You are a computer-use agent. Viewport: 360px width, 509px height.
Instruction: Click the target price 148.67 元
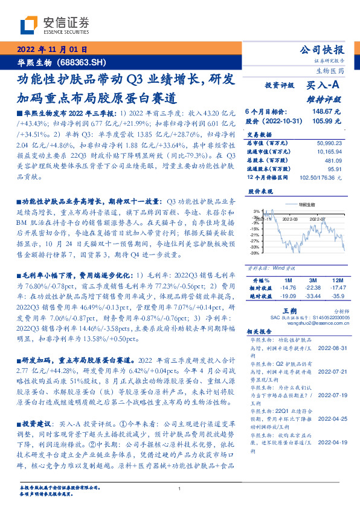click(327, 112)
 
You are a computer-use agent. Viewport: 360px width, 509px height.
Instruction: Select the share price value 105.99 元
click(327, 120)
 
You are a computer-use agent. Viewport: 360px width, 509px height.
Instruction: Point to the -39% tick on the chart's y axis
click(256, 253)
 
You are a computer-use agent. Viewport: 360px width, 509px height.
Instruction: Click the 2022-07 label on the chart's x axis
click(318, 219)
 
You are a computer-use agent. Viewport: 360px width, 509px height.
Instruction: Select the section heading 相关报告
click(261, 332)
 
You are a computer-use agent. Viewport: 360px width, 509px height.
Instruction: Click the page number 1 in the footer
click(180, 489)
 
